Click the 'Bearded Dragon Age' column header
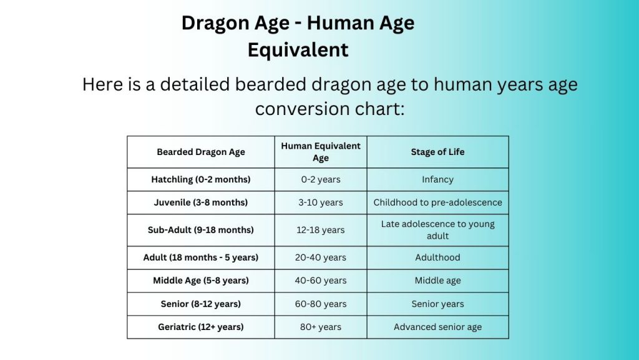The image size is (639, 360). pos(200,152)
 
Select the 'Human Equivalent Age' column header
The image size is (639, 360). pos(321,152)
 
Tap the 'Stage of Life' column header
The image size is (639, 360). pos(437,152)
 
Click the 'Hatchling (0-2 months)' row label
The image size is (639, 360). pos(200,179)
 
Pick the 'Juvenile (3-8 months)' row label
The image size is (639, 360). pos(200,202)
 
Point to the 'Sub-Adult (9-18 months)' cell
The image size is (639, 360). pos(200,230)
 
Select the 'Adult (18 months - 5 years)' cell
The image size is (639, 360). pos(200,257)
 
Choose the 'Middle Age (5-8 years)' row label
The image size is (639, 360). pos(200,281)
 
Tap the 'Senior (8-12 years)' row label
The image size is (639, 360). pos(200,304)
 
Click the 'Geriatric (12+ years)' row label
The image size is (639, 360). pos(200,327)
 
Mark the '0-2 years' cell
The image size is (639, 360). pos(321,179)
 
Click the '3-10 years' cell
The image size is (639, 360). pos(321,202)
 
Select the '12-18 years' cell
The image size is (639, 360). pos(321,230)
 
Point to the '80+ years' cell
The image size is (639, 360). pos(321,327)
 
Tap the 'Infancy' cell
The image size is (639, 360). pos(437,179)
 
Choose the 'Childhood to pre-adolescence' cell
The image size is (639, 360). pos(437,202)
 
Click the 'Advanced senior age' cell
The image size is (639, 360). pos(437,327)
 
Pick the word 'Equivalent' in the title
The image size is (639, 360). pos(298,49)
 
